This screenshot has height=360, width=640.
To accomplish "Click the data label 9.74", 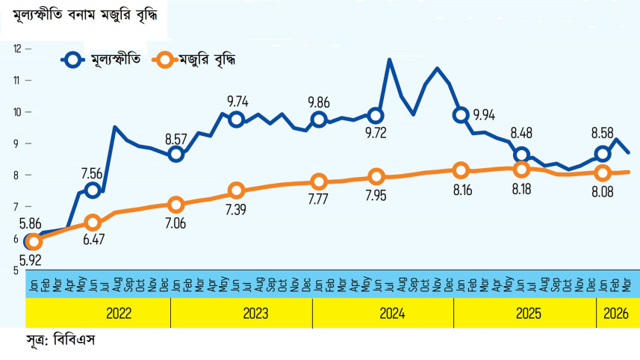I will click(237, 102).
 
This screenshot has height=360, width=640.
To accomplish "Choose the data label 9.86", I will click(320, 102).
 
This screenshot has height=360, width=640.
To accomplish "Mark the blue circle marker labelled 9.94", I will click(462, 115).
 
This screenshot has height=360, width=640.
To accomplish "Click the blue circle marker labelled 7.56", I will click(93, 190).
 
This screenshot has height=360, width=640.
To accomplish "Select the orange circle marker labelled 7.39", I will click(237, 190).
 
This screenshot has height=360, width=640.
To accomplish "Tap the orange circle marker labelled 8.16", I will click(462, 170).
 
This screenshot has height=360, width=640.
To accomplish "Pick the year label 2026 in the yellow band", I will click(618, 314).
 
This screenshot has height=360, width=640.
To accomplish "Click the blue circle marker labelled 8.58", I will click(603, 154).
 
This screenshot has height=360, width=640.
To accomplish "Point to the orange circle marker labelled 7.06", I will click(176, 205).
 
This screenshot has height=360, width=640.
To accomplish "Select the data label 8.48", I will click(522, 134).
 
